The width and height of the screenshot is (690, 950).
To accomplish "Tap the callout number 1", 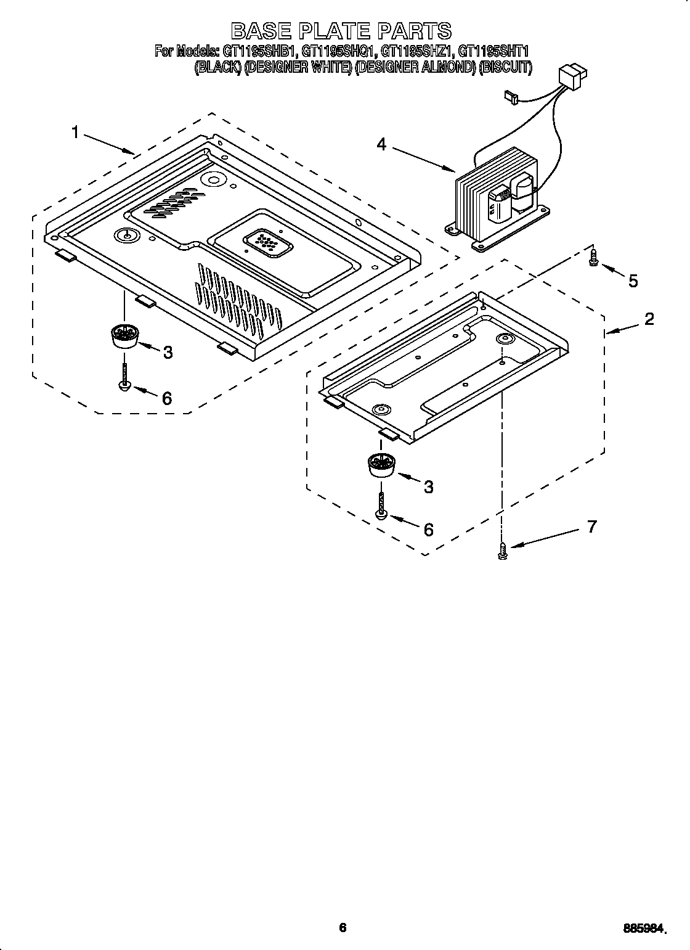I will [75, 132].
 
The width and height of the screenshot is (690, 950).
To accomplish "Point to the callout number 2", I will [649, 319].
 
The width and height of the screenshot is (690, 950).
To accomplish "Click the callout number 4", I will [381, 144].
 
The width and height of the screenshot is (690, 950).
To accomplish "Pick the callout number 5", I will [633, 281].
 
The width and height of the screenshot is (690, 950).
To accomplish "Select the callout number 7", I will [591, 527].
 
